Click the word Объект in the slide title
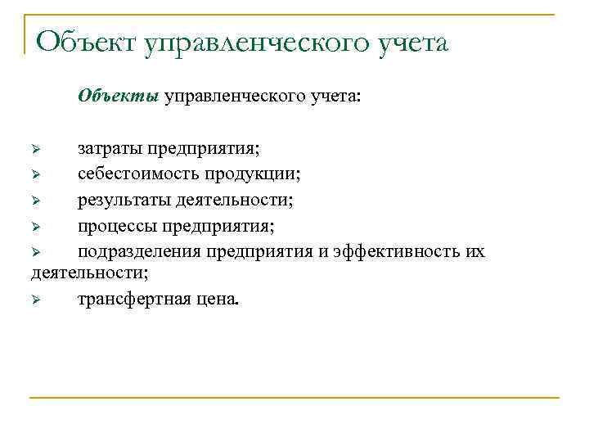[86, 42]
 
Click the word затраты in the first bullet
[110, 149]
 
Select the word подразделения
[141, 250]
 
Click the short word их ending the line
[475, 250]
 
